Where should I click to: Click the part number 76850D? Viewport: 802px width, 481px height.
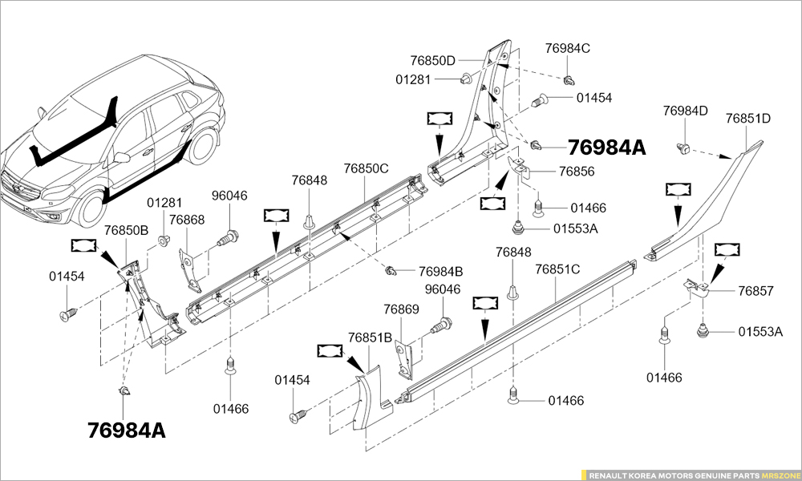432,61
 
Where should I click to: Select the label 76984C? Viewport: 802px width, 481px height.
568,48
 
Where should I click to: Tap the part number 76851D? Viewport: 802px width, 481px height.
748,118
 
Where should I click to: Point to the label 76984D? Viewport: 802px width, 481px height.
686,111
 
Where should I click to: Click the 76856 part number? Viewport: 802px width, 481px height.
577,172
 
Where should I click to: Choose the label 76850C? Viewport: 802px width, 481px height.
366,168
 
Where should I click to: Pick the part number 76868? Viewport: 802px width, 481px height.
187,220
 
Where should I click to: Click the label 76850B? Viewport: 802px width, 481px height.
127,230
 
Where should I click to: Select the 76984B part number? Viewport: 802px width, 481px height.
441,272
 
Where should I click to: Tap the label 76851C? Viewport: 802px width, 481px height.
557,269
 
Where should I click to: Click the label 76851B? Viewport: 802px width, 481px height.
370,338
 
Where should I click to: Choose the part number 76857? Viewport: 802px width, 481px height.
756,291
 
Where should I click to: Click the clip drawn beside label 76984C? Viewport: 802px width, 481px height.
569,80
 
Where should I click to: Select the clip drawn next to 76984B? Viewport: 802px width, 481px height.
391,271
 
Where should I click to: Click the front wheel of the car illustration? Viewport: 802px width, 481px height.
91,206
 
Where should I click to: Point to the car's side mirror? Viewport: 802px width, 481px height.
122,157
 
